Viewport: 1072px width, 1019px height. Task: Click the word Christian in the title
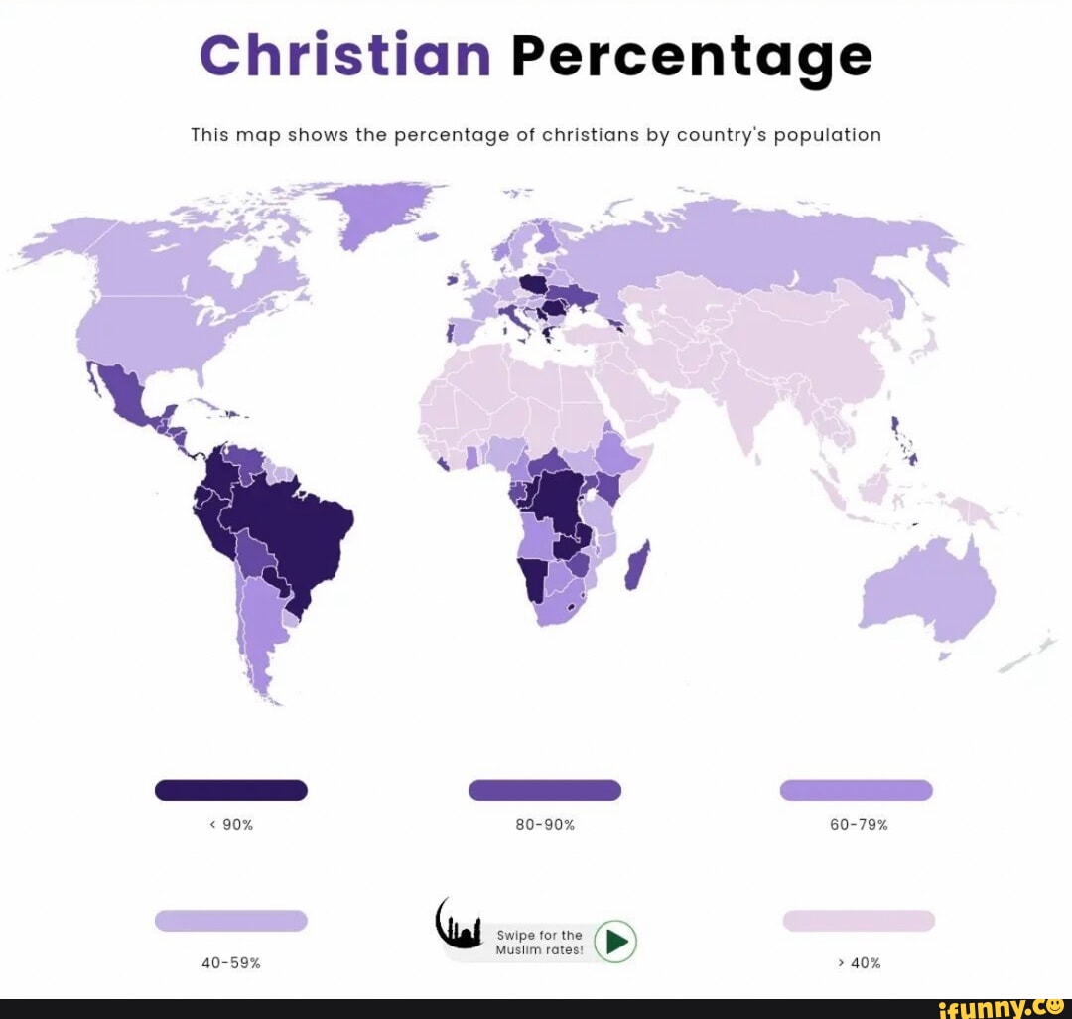coord(344,56)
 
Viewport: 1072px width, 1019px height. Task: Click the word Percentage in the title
coord(691,58)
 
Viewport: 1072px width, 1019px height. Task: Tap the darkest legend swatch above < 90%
coord(231,790)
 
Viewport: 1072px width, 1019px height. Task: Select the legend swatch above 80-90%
coord(544,790)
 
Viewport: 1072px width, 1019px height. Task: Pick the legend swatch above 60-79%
coord(856,790)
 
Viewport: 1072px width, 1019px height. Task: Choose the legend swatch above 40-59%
coord(231,921)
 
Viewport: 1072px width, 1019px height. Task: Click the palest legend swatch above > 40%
coord(859,921)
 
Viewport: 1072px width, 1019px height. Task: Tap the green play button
coord(615,941)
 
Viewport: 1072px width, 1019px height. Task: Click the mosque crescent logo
coord(458,925)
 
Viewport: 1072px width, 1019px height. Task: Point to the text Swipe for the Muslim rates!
coord(539,943)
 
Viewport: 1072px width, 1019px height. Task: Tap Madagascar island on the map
coord(638,564)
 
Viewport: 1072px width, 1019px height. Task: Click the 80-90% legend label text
coord(544,824)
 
